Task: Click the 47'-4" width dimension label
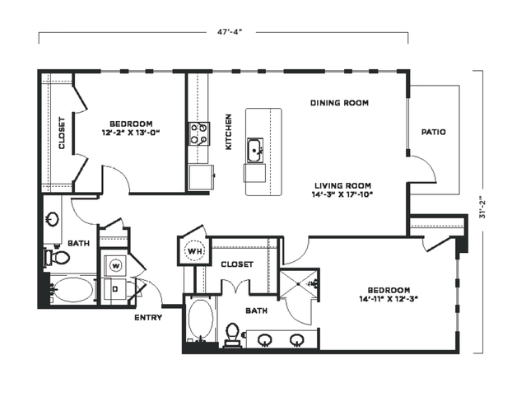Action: click(x=230, y=32)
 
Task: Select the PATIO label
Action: click(x=434, y=132)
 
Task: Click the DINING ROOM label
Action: click(x=339, y=103)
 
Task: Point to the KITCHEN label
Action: click(x=229, y=132)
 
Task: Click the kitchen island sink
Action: click(x=255, y=151)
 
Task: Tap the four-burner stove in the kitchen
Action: click(x=199, y=133)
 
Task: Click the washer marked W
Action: click(x=116, y=266)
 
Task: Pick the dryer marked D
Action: click(x=115, y=289)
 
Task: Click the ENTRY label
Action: click(x=148, y=317)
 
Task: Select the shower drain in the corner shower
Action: click(x=298, y=284)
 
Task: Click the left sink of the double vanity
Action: click(x=265, y=340)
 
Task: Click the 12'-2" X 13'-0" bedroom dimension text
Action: click(x=130, y=133)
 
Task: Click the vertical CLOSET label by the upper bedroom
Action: click(x=62, y=133)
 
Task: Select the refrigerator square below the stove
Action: click(x=201, y=177)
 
